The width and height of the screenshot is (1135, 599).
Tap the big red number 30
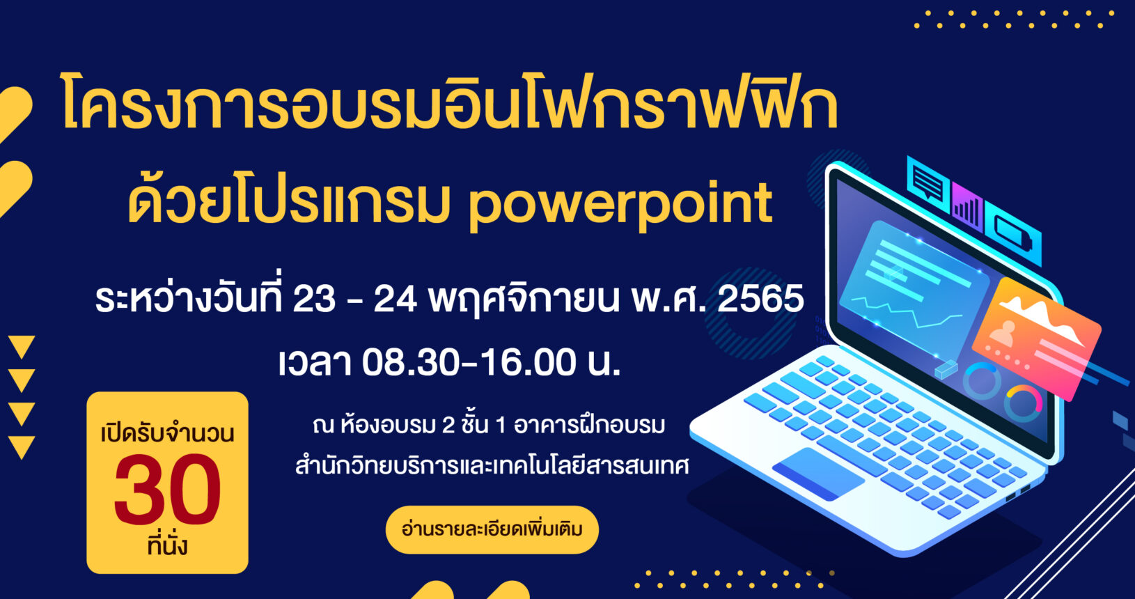click(168, 490)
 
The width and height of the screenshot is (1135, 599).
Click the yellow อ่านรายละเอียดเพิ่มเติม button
click(492, 529)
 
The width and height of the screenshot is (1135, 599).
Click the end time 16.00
click(528, 363)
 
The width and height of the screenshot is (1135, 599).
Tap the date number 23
click(314, 299)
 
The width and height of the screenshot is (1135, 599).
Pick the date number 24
click(396, 299)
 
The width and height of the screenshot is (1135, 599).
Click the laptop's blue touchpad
click(817, 474)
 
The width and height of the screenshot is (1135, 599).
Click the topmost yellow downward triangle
click(22, 347)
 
